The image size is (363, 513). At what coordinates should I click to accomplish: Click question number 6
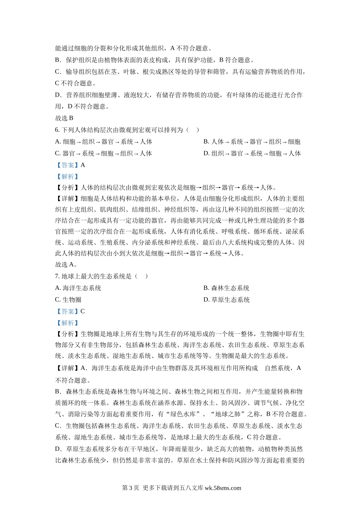(57, 130)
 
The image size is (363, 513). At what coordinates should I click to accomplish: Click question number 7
(57, 276)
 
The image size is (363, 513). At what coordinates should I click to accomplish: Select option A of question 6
(104, 142)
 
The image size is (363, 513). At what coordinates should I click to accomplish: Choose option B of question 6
(252, 142)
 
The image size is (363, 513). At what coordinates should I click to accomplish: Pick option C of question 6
(104, 153)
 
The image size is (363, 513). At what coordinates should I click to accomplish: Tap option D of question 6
(252, 153)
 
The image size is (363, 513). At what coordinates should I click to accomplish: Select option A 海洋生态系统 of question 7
(78, 288)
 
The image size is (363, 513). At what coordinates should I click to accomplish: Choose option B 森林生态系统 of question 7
(226, 288)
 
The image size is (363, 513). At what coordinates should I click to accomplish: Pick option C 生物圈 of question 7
(68, 300)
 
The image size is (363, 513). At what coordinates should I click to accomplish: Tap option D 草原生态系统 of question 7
(226, 300)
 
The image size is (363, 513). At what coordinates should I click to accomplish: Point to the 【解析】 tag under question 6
(67, 177)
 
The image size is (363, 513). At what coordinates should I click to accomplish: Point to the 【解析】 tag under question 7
(67, 323)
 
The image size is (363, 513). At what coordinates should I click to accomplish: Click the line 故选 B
(64, 118)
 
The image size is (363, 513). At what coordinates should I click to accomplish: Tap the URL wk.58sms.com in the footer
(223, 488)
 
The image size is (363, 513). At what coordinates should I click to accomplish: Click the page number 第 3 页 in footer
(130, 488)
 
